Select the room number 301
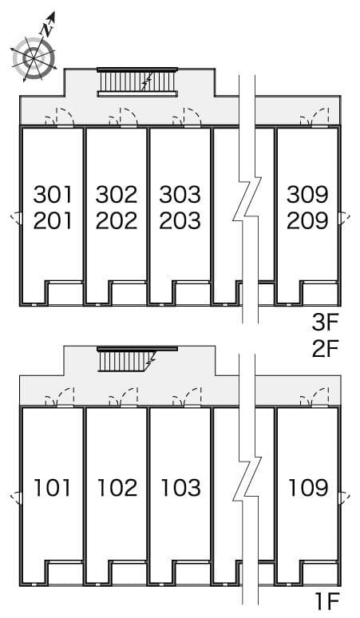[53, 194]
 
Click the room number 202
[117, 220]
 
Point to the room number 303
[180, 194]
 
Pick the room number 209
[307, 220]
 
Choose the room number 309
[307, 194]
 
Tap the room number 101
[53, 486]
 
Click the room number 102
[117, 486]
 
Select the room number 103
[180, 486]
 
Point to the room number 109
[307, 486]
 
